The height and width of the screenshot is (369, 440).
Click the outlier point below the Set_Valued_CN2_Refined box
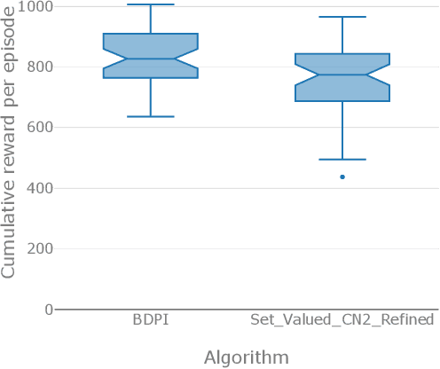click(342, 177)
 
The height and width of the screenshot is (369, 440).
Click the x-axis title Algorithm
click(246, 357)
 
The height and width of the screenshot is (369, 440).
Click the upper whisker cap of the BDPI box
click(150, 4)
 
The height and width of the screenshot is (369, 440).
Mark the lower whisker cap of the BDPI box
click(150, 116)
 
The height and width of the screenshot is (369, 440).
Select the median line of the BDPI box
click(150, 59)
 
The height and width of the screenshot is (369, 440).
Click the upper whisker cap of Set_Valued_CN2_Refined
click(342, 17)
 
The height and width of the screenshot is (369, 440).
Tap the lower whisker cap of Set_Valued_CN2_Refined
click(342, 160)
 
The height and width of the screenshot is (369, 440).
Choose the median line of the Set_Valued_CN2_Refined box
click(342, 75)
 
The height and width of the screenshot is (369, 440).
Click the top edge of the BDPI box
click(150, 34)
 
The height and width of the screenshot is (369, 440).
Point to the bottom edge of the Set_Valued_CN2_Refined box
click(342, 101)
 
